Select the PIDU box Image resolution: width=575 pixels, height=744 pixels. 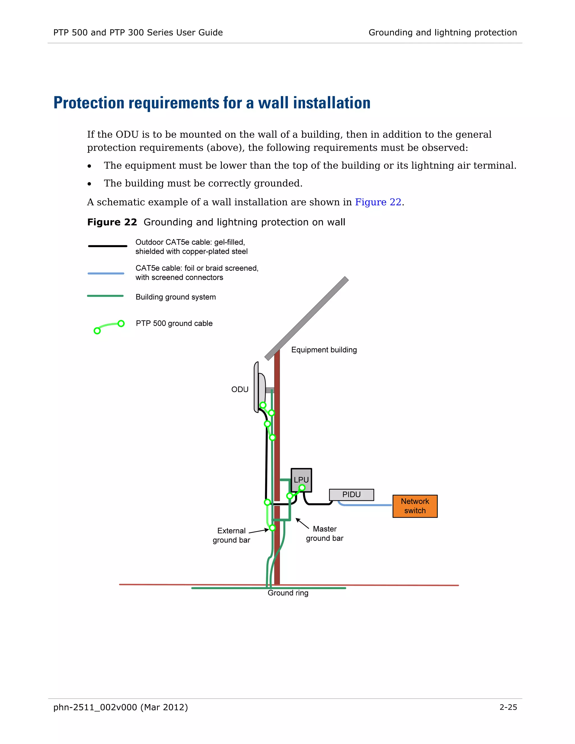pos(351,495)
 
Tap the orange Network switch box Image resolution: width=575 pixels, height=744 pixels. pos(415,506)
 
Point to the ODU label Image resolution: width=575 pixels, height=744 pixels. pos(240,389)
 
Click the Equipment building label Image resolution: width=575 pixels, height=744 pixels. pos(324,350)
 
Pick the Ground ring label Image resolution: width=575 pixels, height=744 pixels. pos(288,593)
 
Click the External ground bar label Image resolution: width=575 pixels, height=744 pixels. pos(231,535)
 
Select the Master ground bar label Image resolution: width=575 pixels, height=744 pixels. pos(325,534)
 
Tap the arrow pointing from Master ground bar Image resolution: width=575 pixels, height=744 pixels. pos(302,524)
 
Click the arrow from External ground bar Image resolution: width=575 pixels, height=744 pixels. pos(259,531)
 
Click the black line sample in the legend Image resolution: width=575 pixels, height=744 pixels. pos(107,246)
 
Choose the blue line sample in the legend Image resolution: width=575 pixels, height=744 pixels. pos(106,273)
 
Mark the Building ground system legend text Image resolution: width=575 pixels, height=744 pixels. pos(175,297)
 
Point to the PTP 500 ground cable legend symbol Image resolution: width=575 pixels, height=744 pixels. pos(109,326)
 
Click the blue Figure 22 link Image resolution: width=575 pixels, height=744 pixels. pos(378,202)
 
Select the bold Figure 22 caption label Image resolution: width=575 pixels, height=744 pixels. pos(112,222)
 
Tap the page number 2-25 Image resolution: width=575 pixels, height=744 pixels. pos(508,708)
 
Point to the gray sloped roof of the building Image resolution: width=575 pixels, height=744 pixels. pos(307,318)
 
